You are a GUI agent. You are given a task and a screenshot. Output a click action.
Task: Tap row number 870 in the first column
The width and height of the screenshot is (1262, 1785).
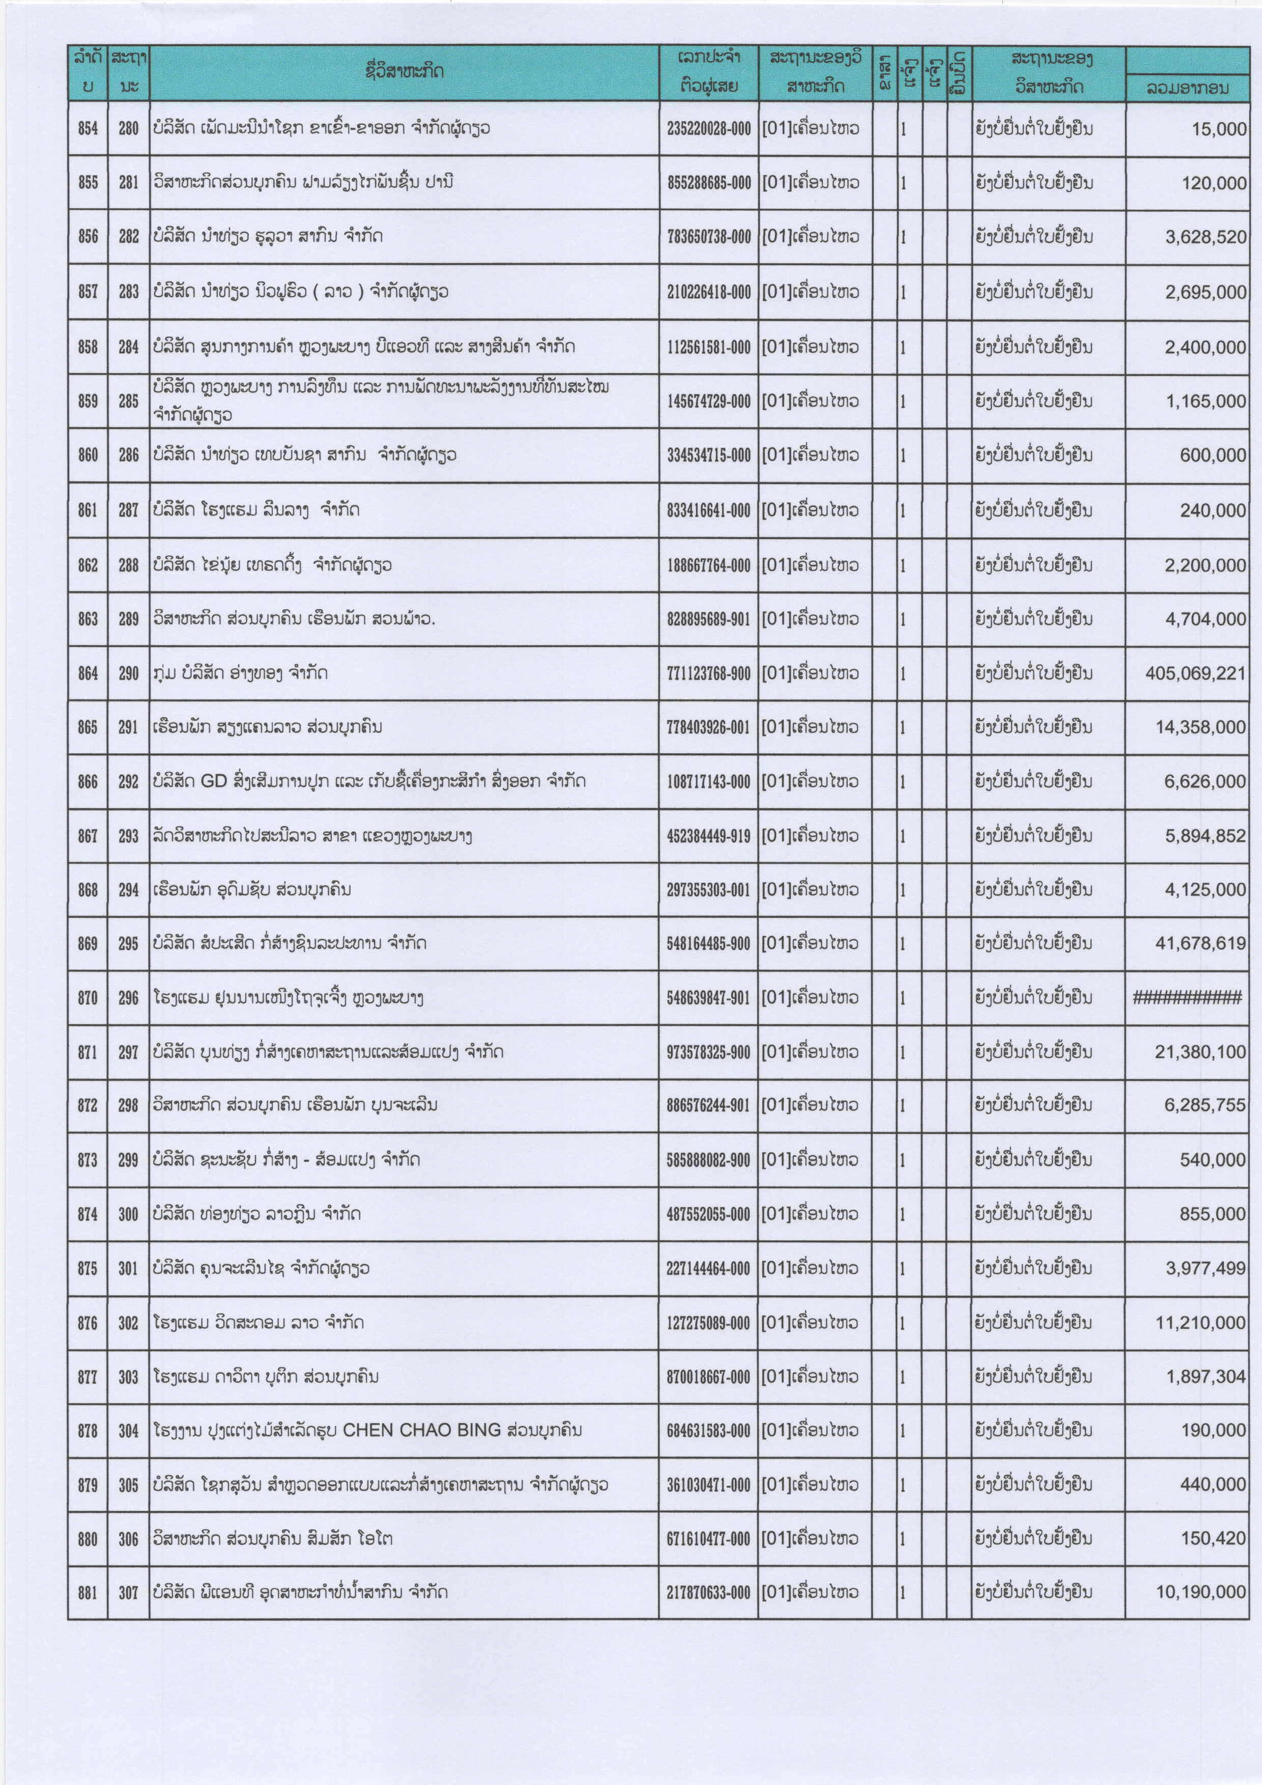(x=88, y=998)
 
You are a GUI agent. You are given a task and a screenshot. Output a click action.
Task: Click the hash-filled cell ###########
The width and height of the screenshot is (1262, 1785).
(x=1187, y=998)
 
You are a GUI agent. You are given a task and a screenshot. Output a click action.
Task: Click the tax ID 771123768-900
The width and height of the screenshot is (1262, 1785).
(x=708, y=673)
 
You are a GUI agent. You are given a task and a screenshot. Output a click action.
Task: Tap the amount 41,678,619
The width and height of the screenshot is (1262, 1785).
(x=1200, y=943)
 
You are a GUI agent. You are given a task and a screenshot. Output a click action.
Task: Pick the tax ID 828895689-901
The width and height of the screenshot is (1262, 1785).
(x=708, y=619)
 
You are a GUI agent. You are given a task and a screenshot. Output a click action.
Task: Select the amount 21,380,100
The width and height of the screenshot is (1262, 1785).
(x=1200, y=1052)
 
